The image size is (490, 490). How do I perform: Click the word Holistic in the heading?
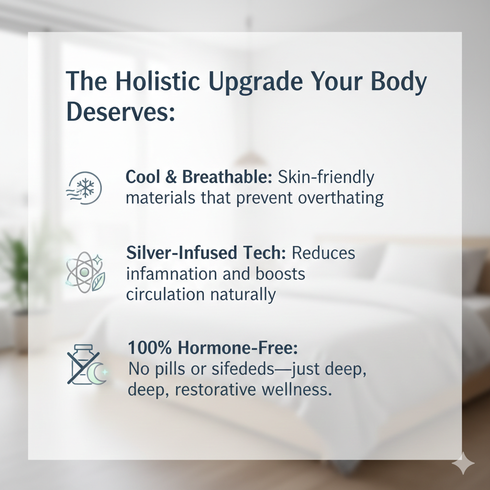click(157, 80)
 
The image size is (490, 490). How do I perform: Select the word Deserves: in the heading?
click(120, 111)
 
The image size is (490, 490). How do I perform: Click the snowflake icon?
click(84, 188)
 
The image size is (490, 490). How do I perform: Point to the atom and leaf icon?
click(85, 272)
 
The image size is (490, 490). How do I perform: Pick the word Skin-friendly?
click(326, 178)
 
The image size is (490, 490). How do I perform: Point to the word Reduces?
click(323, 253)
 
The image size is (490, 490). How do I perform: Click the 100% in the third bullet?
click(150, 348)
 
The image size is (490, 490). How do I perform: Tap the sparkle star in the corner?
click(463, 463)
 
